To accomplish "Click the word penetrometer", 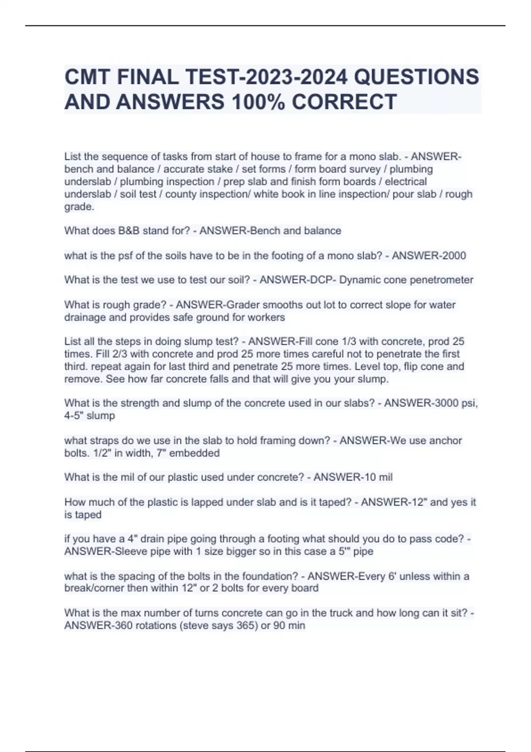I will (x=443, y=280).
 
